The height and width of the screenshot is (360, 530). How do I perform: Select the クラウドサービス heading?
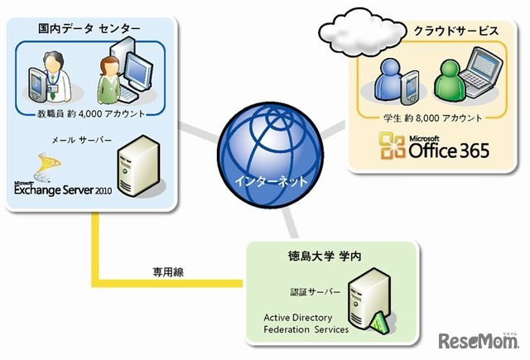[455, 31]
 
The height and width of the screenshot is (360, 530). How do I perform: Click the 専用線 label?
[169, 271]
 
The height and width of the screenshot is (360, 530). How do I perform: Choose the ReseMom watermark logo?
[478, 341]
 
